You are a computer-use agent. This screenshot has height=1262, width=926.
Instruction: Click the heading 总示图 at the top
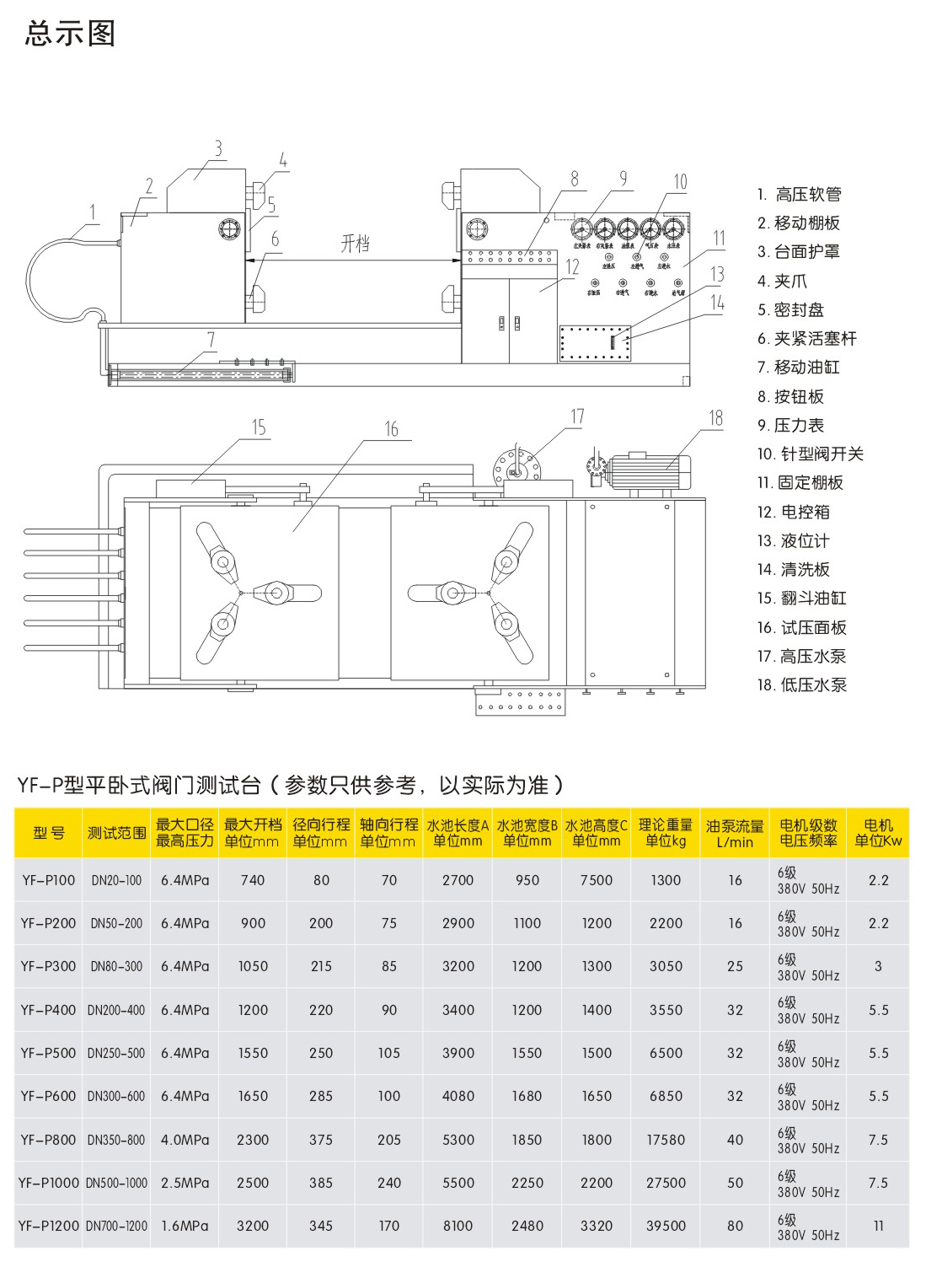pyautogui.click(x=70, y=34)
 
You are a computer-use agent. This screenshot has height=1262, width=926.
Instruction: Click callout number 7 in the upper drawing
pyautogui.click(x=211, y=340)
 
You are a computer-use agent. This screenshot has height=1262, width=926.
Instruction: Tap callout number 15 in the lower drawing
pyautogui.click(x=259, y=428)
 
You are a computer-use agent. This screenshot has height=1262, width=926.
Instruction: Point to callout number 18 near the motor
pyautogui.click(x=715, y=418)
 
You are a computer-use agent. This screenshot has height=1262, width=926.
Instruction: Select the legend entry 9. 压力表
pyautogui.click(x=790, y=426)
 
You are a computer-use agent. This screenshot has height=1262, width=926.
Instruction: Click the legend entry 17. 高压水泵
pyautogui.click(x=801, y=657)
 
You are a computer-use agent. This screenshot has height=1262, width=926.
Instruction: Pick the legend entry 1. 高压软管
pyautogui.click(x=799, y=195)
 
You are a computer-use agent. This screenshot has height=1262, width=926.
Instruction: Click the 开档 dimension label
pyautogui.click(x=355, y=244)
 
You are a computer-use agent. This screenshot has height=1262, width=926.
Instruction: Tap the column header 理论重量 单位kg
pyautogui.click(x=665, y=833)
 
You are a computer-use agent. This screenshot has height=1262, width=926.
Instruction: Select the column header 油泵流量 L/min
pyautogui.click(x=735, y=834)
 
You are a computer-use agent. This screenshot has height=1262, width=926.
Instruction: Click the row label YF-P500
pyautogui.click(x=48, y=1053)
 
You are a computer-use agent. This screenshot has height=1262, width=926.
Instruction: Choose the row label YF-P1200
pyautogui.click(x=48, y=1226)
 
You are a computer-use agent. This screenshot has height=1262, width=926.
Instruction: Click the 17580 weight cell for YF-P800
pyautogui.click(x=666, y=1140)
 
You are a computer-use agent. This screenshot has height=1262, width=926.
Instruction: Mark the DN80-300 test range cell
pyautogui.click(x=116, y=967)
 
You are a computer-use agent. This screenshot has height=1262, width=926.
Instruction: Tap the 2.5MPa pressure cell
pyautogui.click(x=185, y=1183)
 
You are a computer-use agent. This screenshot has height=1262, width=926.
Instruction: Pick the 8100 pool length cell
pyautogui.click(x=458, y=1226)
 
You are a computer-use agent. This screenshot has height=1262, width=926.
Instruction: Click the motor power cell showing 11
pyautogui.click(x=878, y=1226)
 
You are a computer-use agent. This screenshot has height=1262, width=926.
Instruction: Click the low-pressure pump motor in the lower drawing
pyautogui.click(x=649, y=471)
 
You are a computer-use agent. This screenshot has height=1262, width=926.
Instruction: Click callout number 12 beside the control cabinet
pyautogui.click(x=572, y=267)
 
